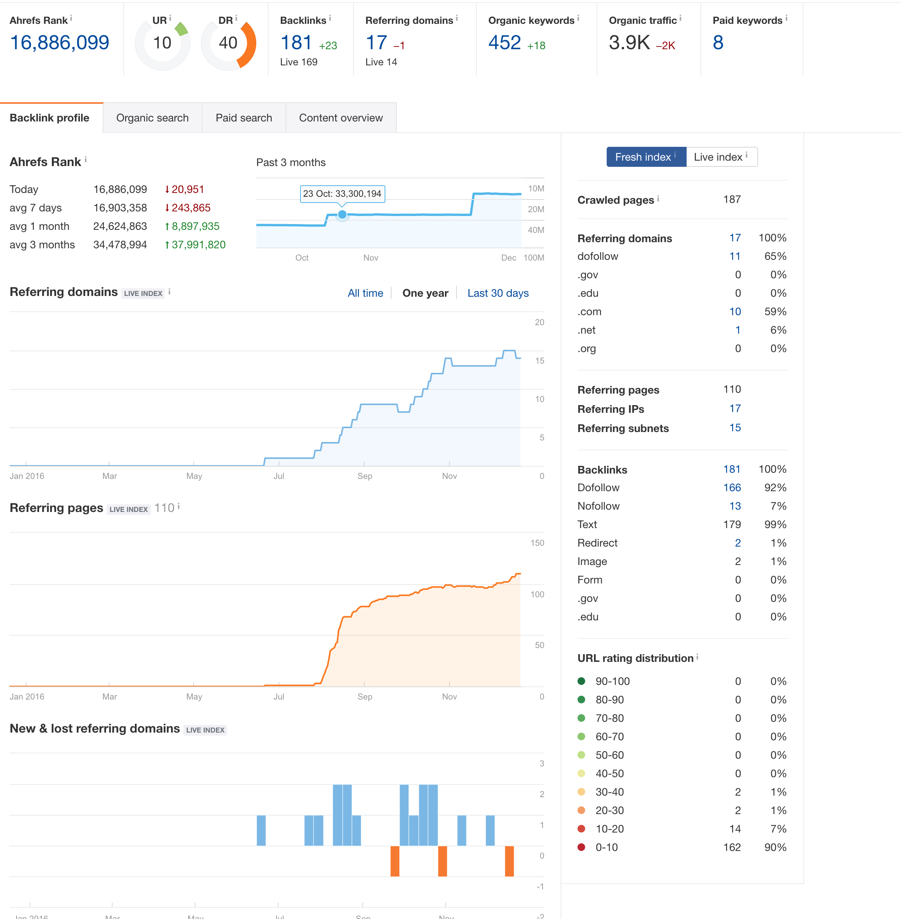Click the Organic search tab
coord(153,118)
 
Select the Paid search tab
coord(244,118)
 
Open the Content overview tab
coord(341,118)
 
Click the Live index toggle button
coord(721,157)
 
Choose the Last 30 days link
coord(498,293)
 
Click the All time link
coord(365,293)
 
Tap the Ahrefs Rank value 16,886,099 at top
coord(60,43)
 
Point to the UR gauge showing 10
coord(162,43)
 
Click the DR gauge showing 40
coord(228,43)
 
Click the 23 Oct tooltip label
coord(342,194)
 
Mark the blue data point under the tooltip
coord(342,214)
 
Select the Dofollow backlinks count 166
coord(732,488)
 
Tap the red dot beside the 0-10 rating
coord(582,847)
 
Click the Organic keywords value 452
coord(504,43)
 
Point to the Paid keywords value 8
coord(718,43)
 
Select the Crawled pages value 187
coord(732,199)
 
